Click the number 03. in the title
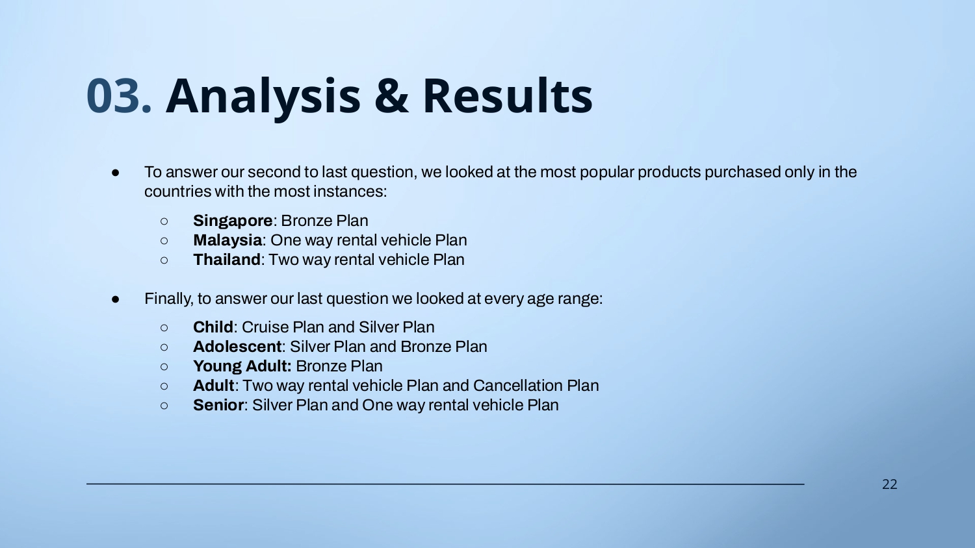[119, 95]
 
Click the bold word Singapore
[233, 221]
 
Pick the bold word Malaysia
[227, 240]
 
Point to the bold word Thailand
[227, 260]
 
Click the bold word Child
[213, 327]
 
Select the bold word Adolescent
[237, 347]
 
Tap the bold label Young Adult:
[242, 366]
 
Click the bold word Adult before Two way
[214, 386]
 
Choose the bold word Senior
[218, 405]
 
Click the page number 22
[890, 484]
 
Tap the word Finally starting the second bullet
[169, 299]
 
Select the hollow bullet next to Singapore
[164, 221]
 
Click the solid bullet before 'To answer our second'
[115, 173]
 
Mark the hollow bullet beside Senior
[164, 406]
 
